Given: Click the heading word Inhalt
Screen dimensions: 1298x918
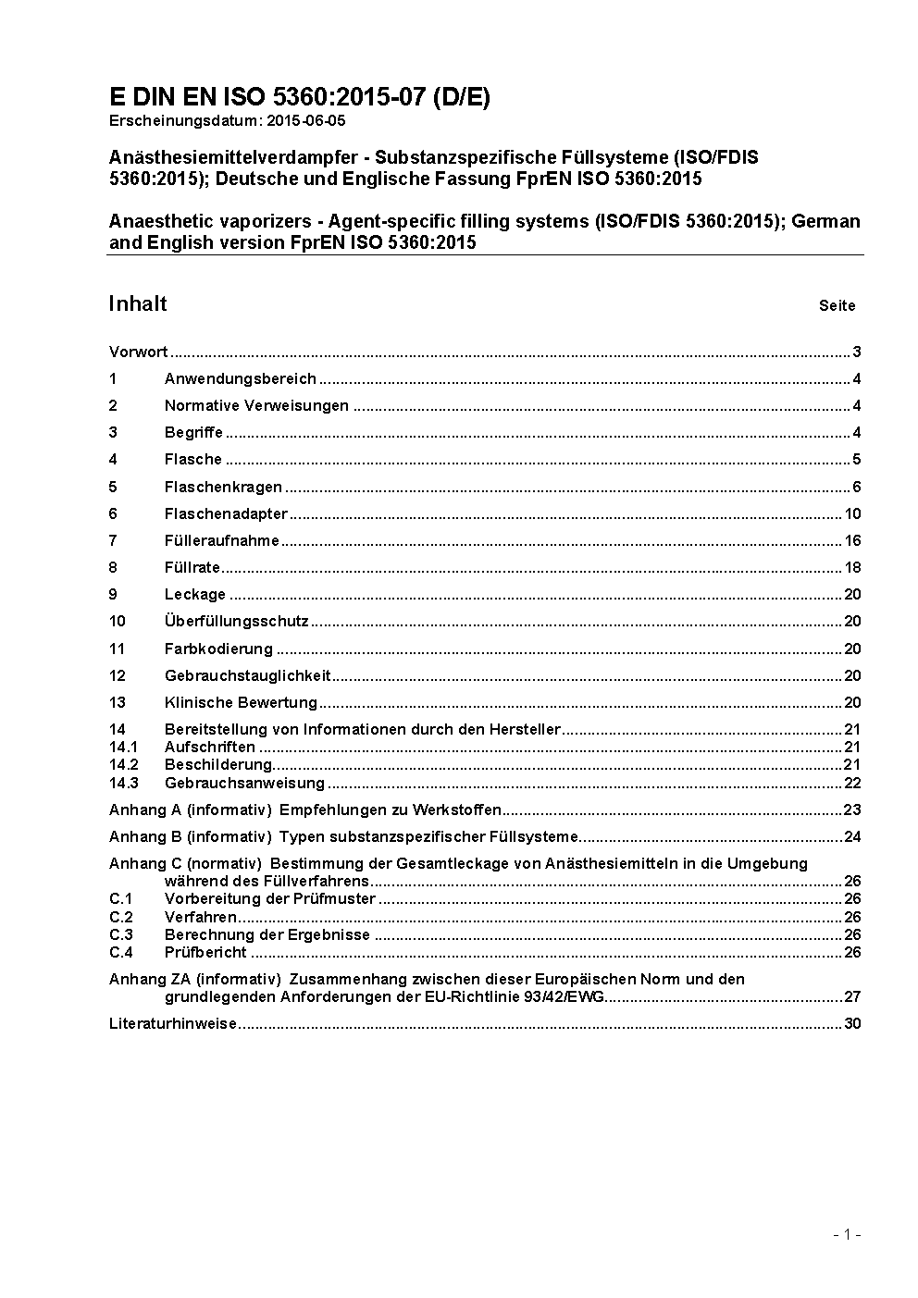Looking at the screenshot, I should [138, 304].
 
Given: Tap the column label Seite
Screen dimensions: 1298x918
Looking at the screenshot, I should [837, 306].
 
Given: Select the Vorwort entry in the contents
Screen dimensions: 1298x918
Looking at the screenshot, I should [138, 352].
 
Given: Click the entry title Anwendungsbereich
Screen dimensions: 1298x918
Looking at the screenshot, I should [241, 378].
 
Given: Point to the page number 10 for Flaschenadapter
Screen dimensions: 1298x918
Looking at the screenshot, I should [852, 514].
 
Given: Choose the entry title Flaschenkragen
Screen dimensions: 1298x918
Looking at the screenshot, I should [223, 488].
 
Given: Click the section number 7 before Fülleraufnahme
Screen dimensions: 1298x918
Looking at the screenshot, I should [113, 541].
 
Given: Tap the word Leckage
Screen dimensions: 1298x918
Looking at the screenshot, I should [195, 595].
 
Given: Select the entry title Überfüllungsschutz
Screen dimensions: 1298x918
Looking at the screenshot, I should [236, 622].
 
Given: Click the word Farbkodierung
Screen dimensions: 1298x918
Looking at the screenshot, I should [218, 649].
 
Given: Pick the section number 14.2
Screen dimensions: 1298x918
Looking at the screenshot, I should [123, 765].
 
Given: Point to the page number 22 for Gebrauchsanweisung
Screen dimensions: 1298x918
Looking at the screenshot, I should [852, 784].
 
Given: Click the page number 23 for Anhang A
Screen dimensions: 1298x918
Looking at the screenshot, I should [852, 810].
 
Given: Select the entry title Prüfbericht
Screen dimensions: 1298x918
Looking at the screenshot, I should [205, 952].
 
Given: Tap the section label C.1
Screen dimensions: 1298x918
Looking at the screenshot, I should [121, 899].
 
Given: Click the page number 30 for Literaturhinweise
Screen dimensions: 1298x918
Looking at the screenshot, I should [852, 1024].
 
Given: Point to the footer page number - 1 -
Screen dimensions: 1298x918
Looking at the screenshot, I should [847, 1234].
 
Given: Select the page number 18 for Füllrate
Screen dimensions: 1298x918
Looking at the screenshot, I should [852, 568].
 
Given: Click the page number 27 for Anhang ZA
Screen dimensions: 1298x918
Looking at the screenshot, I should [852, 997].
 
